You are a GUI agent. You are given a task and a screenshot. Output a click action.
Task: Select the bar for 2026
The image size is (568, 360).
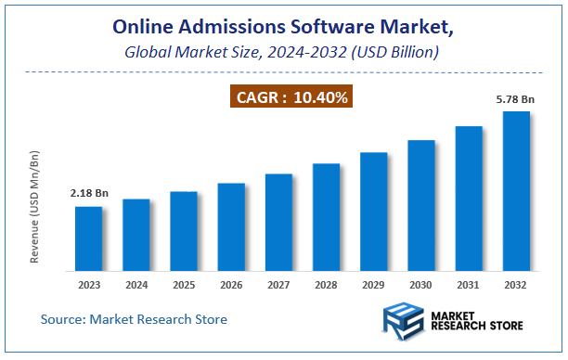point(231,226)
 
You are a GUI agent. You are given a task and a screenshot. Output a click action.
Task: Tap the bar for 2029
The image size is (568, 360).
point(373,211)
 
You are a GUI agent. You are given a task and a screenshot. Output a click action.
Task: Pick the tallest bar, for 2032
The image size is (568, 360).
point(516,190)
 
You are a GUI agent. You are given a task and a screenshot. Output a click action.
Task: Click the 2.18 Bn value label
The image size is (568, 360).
point(89,193)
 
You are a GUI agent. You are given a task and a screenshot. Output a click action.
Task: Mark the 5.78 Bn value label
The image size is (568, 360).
point(515,97)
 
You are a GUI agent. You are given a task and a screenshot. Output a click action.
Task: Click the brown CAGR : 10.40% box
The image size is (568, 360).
point(291,96)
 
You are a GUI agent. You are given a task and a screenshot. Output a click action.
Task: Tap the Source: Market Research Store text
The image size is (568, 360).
point(134,320)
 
